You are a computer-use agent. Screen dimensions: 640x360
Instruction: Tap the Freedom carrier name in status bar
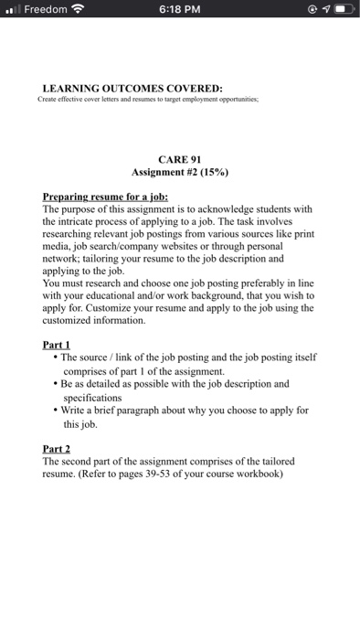48,11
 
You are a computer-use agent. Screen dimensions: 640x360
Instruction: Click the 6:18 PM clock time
180,11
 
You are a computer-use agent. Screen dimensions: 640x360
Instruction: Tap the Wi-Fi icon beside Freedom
88,11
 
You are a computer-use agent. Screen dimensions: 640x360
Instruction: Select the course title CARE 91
179,157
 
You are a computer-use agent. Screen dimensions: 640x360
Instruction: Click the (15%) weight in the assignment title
212,171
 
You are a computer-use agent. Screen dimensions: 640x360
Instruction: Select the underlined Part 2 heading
58,449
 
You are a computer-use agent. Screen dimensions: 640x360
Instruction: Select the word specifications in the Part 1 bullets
92,398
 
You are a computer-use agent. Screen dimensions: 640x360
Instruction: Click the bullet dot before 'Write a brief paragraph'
57,411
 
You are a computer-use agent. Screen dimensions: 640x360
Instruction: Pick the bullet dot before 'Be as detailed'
57,384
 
